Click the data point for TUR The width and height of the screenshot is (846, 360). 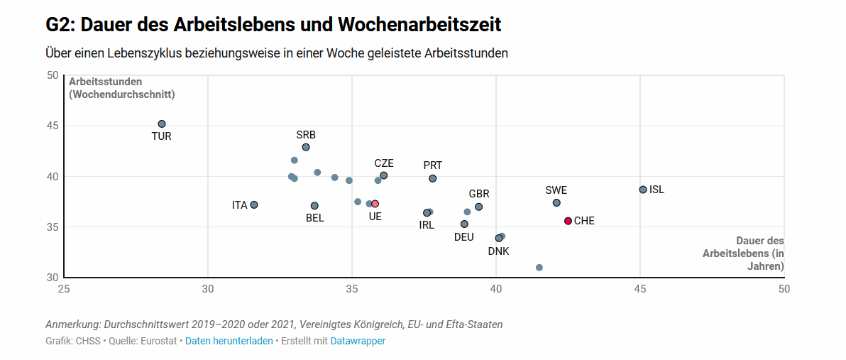pyautogui.click(x=162, y=124)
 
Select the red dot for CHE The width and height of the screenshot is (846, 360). pyautogui.click(x=568, y=222)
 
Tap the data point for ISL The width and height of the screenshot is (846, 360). pyautogui.click(x=643, y=190)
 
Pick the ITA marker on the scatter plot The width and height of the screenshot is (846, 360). pyautogui.click(x=254, y=205)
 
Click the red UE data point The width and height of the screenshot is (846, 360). pyautogui.click(x=375, y=204)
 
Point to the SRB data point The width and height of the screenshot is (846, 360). pyautogui.click(x=306, y=148)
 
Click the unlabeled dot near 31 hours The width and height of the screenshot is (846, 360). pyautogui.click(x=539, y=268)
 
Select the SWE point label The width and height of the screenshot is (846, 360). pyautogui.click(x=556, y=190)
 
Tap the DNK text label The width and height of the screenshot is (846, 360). pyautogui.click(x=498, y=251)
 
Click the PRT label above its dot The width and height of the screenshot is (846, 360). pyautogui.click(x=433, y=165)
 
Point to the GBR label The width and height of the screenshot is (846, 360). pyautogui.click(x=479, y=194)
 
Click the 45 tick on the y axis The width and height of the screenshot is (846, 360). pyautogui.click(x=52, y=126)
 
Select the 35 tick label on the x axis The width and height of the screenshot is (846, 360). pyautogui.click(x=352, y=289)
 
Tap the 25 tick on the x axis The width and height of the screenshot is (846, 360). pyautogui.click(x=64, y=289)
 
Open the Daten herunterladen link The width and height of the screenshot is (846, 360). pyautogui.click(x=229, y=342)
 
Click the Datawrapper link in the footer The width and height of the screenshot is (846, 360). pyautogui.click(x=358, y=342)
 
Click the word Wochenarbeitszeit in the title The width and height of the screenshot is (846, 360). pyautogui.click(x=419, y=25)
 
